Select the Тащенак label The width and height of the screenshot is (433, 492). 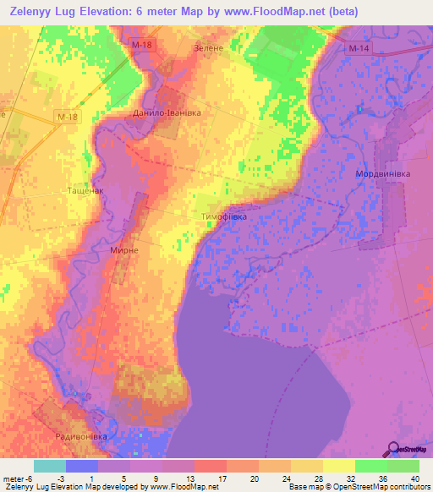coord(85,192)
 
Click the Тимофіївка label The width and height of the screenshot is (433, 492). coord(224,217)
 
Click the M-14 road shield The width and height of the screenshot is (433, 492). coord(359,49)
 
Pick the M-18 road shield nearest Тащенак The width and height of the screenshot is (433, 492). coord(67,116)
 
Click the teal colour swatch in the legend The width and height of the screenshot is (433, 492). coord(49,466)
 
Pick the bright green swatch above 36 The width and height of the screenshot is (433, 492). coord(371,466)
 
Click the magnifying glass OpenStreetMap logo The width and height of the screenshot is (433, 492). coord(393,448)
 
